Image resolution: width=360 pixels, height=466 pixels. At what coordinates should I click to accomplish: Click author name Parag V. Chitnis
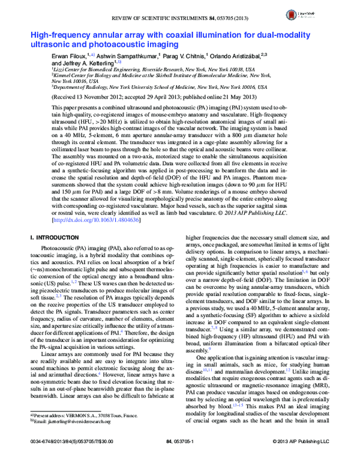point(184,55)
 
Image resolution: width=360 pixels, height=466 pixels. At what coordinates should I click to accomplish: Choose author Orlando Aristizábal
point(239,55)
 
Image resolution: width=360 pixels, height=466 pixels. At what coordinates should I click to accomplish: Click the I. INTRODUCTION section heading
point(55,238)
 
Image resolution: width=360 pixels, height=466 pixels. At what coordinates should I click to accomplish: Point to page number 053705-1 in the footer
point(179,459)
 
